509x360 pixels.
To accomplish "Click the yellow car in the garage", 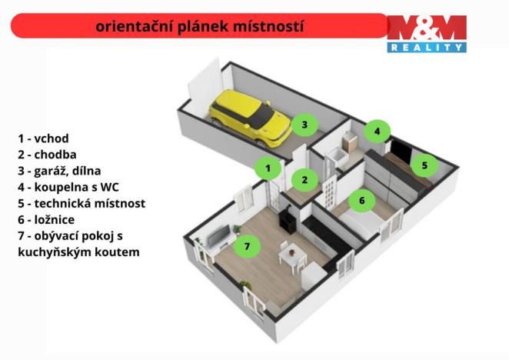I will tap(250, 118).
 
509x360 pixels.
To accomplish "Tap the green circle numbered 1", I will tap(268, 167).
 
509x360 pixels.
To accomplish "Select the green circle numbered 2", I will tap(304, 180).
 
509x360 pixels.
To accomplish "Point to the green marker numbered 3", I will tap(304, 124).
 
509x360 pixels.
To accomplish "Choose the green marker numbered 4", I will tap(377, 132).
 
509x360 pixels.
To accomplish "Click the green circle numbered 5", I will tap(424, 164).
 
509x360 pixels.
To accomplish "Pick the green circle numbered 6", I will tap(361, 202).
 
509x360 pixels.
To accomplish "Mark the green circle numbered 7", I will tap(247, 246).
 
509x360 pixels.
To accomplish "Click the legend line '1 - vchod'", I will tap(44, 138).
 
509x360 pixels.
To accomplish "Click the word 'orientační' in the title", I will tap(130, 27).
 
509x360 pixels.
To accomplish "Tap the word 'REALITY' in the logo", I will tap(427, 47).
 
